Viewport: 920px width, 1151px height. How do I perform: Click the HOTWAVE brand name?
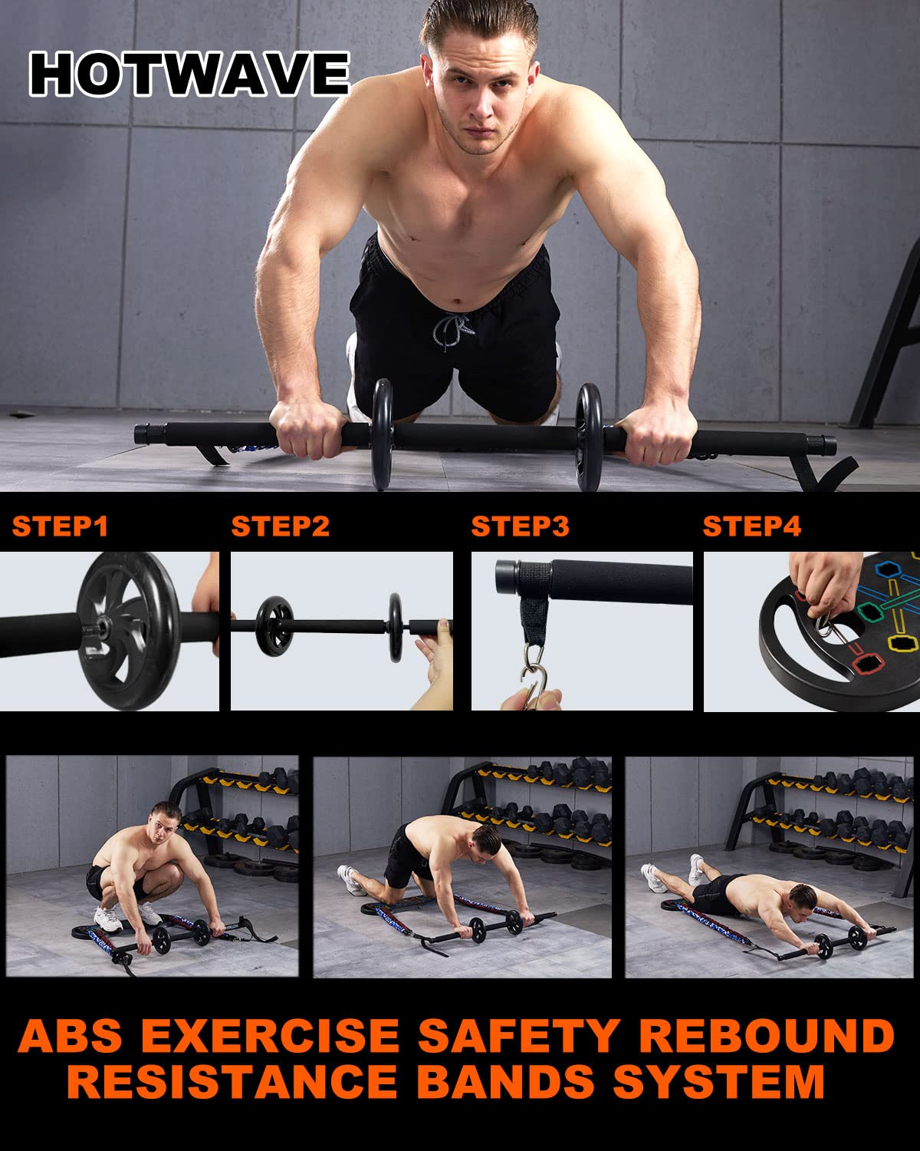(189, 74)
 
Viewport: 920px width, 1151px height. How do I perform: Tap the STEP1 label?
(60, 526)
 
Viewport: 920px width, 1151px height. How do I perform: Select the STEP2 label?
(281, 526)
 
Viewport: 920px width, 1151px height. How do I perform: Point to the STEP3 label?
(520, 526)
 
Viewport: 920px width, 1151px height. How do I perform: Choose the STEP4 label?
(752, 526)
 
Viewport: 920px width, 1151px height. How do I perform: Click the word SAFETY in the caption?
(519, 1036)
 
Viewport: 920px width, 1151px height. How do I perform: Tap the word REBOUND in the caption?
(767, 1036)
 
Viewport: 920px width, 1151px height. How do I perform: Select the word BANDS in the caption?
(506, 1081)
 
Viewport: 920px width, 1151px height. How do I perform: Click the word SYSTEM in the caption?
(719, 1081)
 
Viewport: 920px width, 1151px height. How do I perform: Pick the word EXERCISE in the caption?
(270, 1036)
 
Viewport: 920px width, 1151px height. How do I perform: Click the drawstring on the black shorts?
(452, 330)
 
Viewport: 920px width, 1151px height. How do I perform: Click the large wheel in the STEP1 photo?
(128, 631)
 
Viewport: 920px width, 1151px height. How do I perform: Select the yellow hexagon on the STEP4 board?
(902, 644)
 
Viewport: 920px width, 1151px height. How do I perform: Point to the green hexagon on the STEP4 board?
(870, 612)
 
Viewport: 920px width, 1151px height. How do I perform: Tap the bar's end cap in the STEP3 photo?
(507, 577)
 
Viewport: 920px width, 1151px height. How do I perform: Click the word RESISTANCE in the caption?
(232, 1081)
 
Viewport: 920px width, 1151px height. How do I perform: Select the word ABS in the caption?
(70, 1036)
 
